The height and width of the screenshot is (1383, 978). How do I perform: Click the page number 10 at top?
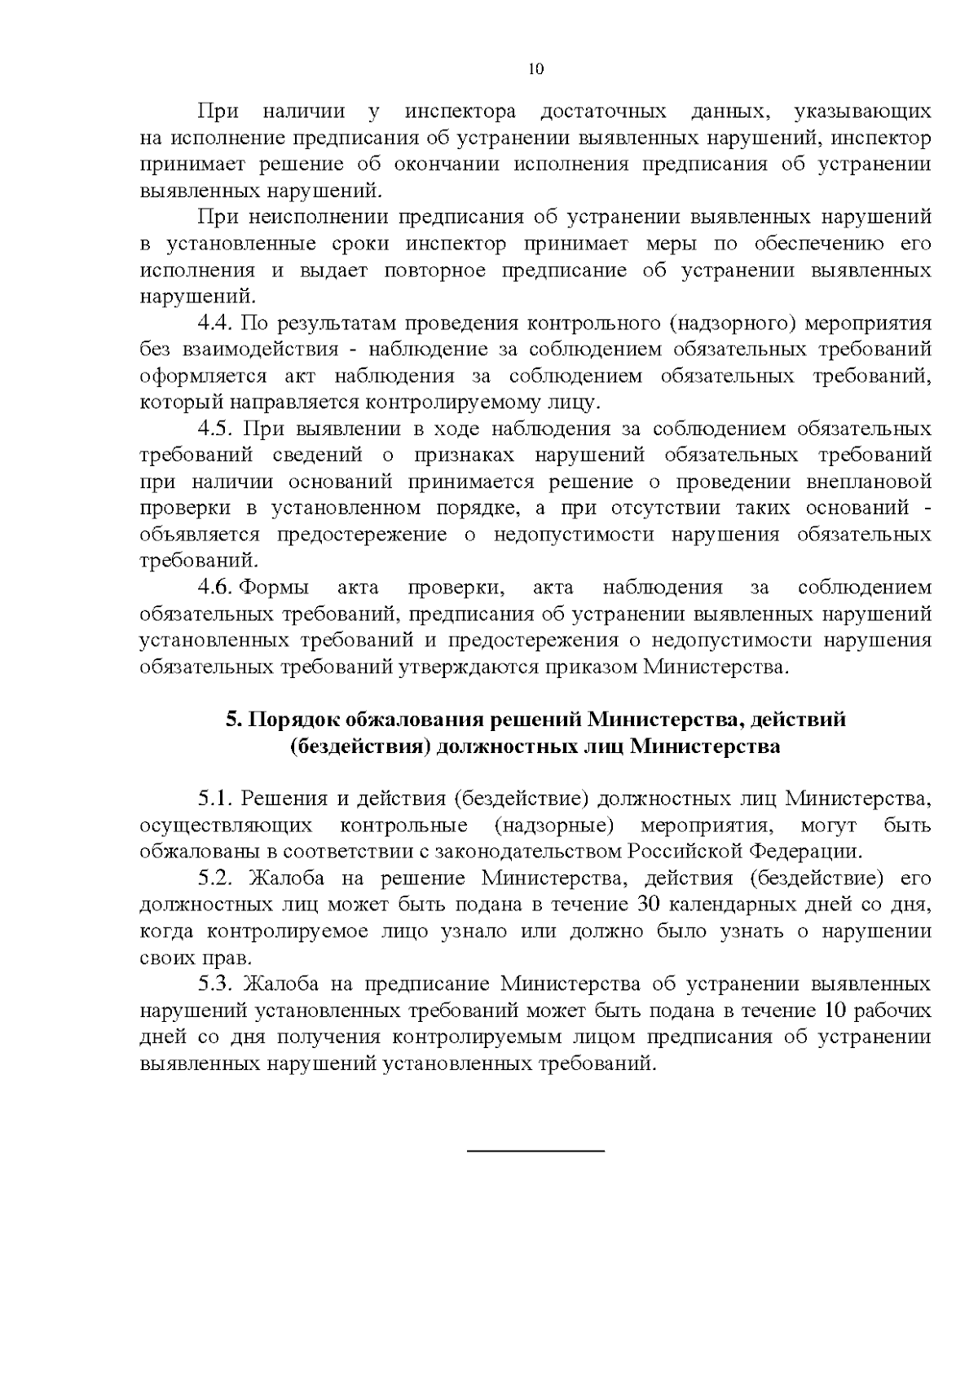[x=535, y=69]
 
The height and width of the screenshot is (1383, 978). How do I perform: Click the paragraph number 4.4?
[x=216, y=323]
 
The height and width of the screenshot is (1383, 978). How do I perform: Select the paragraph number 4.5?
[x=216, y=429]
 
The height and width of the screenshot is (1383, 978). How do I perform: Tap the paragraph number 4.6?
[x=216, y=588]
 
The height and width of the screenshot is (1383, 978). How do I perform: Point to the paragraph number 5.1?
[x=216, y=799]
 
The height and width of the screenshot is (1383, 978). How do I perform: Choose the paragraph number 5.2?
[x=216, y=879]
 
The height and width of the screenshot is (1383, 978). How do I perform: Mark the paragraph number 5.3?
[x=216, y=984]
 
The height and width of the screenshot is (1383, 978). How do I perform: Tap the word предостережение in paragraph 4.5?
[x=361, y=535]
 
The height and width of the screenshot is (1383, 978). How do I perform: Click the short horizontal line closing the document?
[x=535, y=1150]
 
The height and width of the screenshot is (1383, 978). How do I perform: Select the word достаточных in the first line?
[x=604, y=111]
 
